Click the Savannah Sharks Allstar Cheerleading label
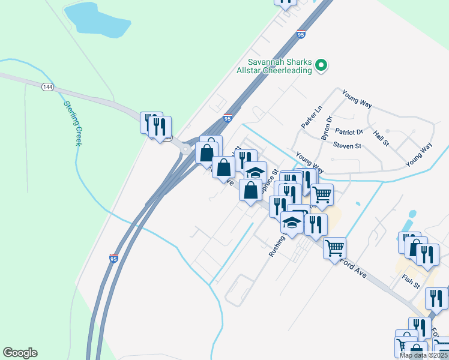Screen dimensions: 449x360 (280, 66)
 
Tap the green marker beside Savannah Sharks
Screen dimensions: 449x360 (321, 65)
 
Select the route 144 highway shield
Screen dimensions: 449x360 (47, 87)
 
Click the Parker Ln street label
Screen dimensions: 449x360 (308, 116)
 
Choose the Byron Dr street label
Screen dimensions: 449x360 (326, 128)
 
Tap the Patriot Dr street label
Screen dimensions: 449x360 (349, 132)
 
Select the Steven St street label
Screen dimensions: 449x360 (347, 146)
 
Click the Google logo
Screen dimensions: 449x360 (20, 353)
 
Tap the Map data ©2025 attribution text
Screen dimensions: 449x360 (423, 355)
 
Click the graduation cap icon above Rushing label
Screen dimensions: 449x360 (292, 223)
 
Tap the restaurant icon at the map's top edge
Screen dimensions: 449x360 (286, 2)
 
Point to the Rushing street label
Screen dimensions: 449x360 (276, 246)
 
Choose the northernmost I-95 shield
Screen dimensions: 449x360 (301, 35)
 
